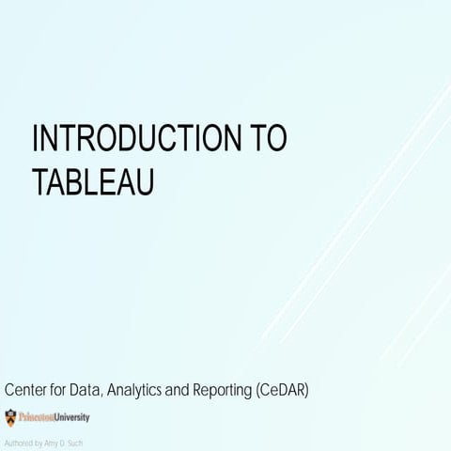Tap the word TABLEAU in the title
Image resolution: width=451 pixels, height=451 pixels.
(92, 181)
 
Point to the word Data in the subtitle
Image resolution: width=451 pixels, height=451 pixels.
(98, 388)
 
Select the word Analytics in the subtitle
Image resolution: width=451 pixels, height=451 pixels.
(156, 388)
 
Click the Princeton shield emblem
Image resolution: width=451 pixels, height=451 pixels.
(10, 414)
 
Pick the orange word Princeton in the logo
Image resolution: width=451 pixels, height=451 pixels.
(35, 414)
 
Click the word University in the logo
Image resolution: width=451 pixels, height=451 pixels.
(70, 414)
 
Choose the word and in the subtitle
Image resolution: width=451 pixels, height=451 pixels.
(200, 388)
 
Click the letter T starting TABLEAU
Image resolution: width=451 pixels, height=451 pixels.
(40, 181)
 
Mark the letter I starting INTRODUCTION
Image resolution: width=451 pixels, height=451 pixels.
(36, 141)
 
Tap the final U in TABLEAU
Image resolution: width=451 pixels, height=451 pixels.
(143, 181)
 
